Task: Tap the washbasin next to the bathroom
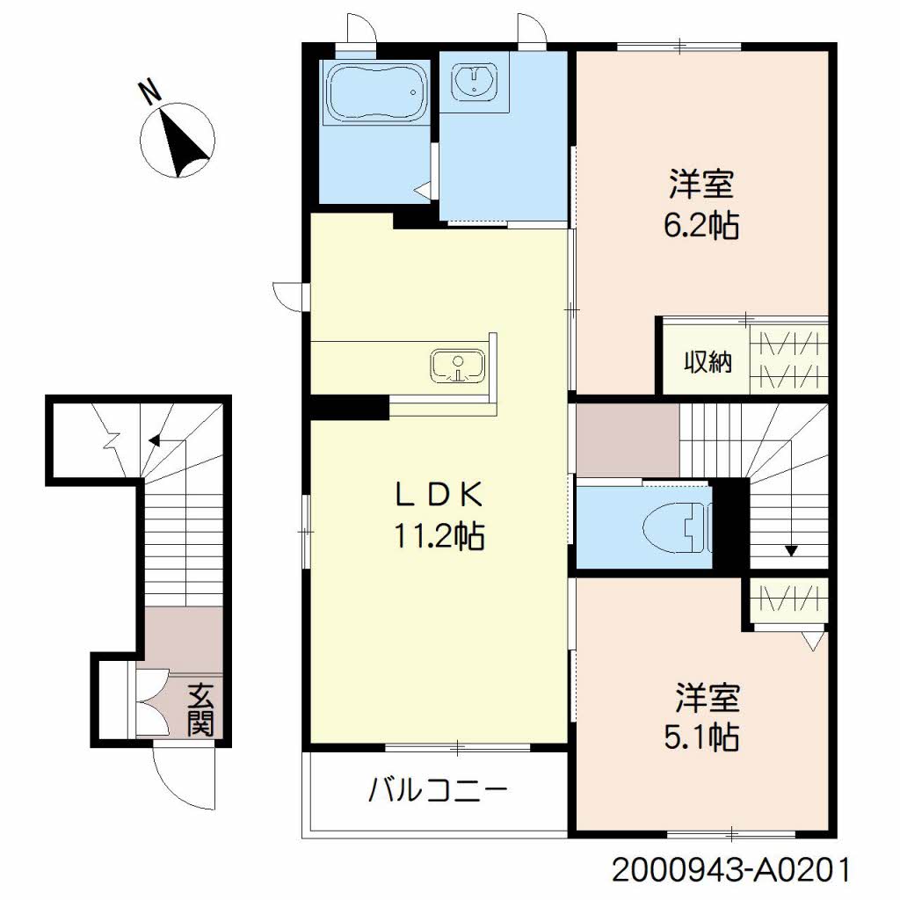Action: coord(474,80)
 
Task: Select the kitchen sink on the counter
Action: coord(457,367)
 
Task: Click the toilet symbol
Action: coord(678,527)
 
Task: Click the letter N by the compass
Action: coord(149,93)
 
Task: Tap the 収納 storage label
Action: coord(708,362)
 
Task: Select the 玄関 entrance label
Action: coord(200,709)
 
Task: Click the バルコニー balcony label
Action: coord(438,790)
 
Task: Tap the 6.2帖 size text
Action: coord(701,225)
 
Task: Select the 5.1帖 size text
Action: coord(701,738)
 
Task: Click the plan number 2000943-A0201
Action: coord(730,869)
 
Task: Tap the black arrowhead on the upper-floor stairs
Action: coord(792,551)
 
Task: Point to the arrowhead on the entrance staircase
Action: coord(155,440)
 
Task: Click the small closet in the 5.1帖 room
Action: coord(789,602)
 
